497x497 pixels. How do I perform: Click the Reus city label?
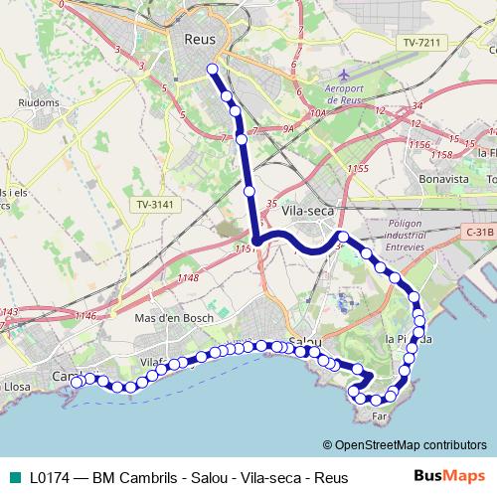200,40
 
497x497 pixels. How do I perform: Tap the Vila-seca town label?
308,211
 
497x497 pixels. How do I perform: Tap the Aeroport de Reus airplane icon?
345,75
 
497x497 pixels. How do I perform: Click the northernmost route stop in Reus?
211,69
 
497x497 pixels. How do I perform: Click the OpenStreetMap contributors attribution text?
405,444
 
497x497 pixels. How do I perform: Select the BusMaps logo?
449,477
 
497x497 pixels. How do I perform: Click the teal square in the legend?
12,478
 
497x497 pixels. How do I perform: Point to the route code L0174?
53,478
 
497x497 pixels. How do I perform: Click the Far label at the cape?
379,417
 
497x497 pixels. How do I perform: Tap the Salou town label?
303,344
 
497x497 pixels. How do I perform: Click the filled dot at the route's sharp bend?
255,241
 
